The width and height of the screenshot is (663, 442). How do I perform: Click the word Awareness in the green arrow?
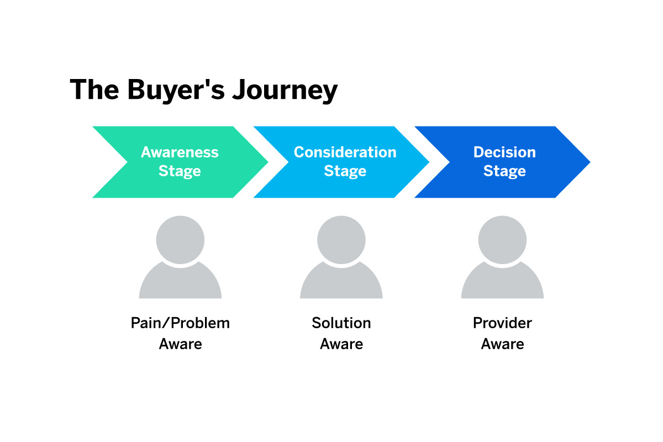[180, 152]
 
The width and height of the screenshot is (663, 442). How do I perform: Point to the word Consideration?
[345, 152]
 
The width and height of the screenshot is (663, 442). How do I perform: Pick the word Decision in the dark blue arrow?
[504, 152]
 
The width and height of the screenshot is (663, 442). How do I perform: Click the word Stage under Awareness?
[180, 171]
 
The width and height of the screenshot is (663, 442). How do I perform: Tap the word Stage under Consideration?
[345, 171]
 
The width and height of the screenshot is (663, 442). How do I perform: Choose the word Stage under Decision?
[504, 171]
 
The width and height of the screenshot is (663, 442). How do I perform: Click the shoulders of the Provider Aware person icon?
[502, 285]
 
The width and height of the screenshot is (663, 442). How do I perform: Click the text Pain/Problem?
[180, 323]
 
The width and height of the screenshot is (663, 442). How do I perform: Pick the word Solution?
[341, 323]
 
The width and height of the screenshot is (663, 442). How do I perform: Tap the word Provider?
[502, 323]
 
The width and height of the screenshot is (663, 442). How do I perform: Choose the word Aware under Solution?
[341, 344]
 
